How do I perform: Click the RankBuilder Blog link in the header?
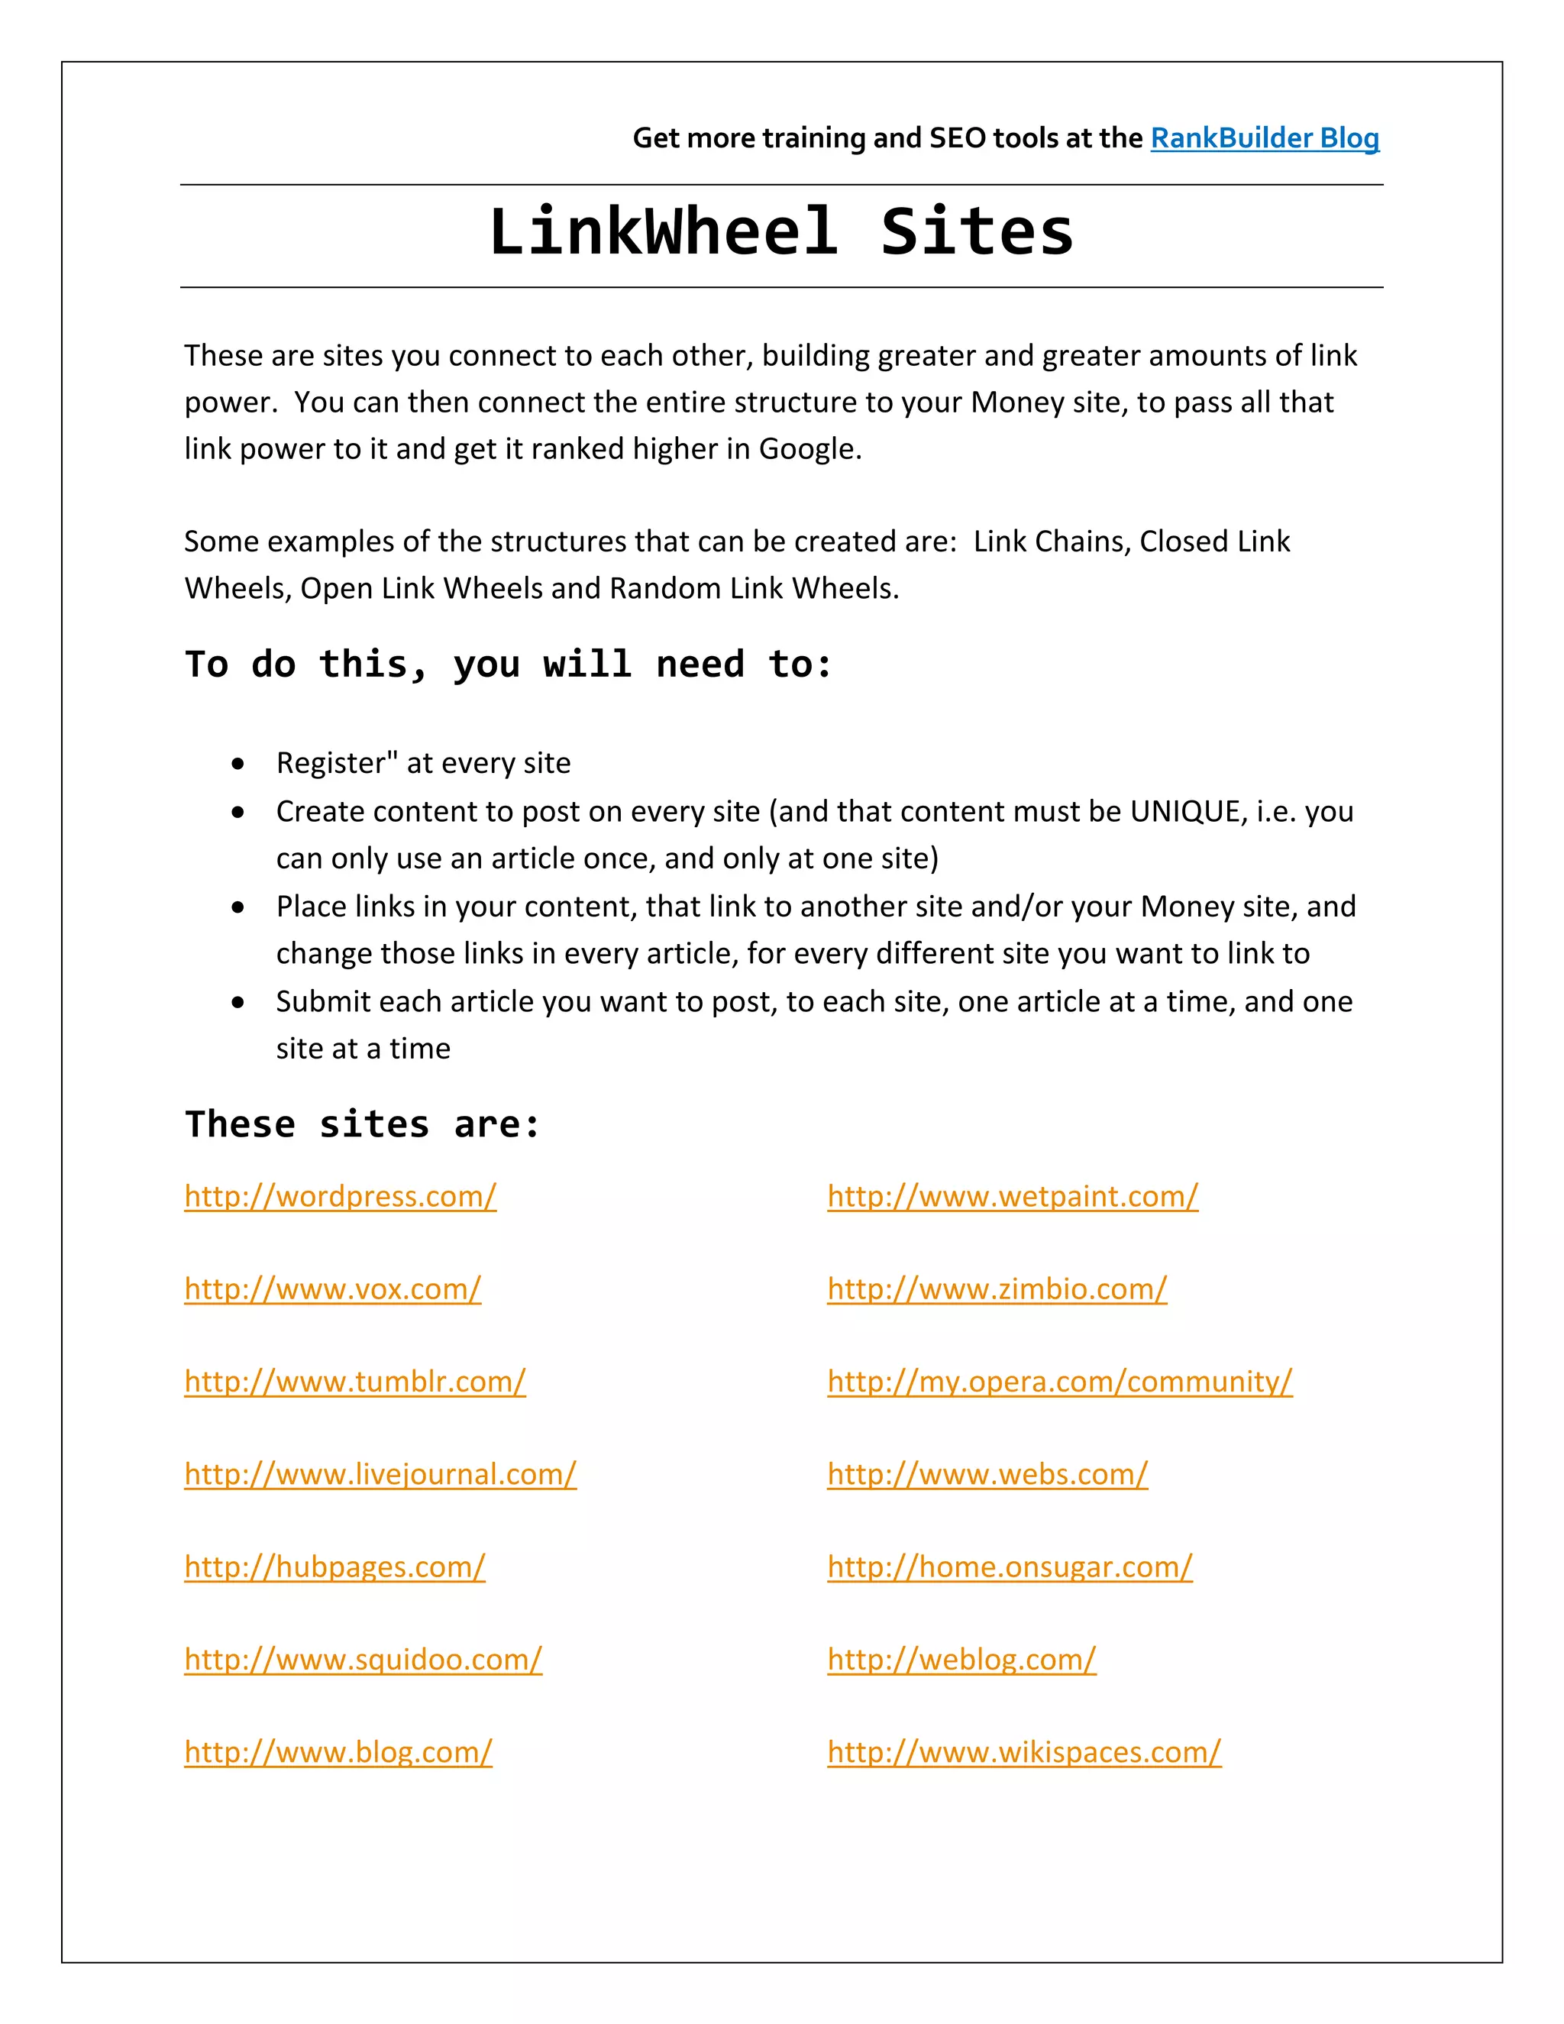pos(1264,138)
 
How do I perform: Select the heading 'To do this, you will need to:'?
pos(508,664)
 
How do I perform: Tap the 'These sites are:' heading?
pos(362,1124)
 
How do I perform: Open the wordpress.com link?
pos(340,1196)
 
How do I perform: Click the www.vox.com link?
pos(333,1289)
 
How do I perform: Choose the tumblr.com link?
pos(355,1382)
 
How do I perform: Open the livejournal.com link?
pos(380,1474)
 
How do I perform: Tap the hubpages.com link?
pos(334,1567)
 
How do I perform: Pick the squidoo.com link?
pos(364,1660)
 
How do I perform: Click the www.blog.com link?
pos(338,1752)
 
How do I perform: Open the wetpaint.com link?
pos(1013,1196)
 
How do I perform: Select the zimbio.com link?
pos(997,1289)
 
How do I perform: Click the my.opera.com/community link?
pos(1060,1382)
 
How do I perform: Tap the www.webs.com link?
pos(987,1474)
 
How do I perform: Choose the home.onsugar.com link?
pos(1010,1567)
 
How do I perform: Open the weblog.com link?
pos(961,1660)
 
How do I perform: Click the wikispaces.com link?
pos(1024,1752)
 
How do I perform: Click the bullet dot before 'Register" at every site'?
pos(239,764)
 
